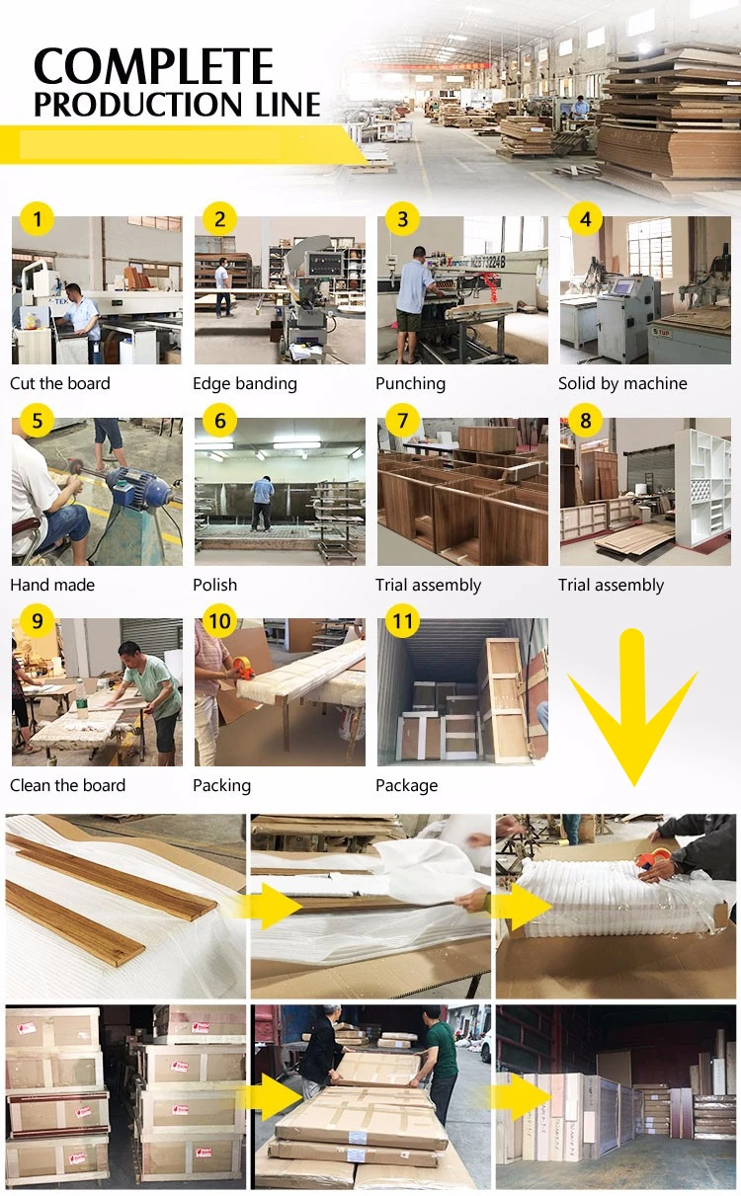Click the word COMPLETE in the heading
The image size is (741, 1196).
click(x=153, y=66)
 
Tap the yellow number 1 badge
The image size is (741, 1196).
click(x=37, y=219)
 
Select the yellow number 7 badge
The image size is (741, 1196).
click(x=402, y=420)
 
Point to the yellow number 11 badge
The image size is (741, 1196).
click(x=402, y=621)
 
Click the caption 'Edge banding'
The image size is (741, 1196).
click(x=245, y=383)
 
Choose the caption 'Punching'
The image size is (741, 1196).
click(x=410, y=383)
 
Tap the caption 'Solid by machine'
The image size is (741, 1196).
click(x=622, y=383)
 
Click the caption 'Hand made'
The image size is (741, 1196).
click(x=52, y=585)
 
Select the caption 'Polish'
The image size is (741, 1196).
click(x=214, y=585)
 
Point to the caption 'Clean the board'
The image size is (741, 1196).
click(x=68, y=785)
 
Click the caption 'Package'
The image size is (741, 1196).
click(x=406, y=785)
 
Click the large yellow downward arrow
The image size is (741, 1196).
click(x=633, y=710)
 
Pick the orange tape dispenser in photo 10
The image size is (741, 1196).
click(x=243, y=668)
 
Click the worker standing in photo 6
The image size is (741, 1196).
click(x=262, y=504)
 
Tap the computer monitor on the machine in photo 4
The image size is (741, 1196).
click(x=623, y=287)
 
